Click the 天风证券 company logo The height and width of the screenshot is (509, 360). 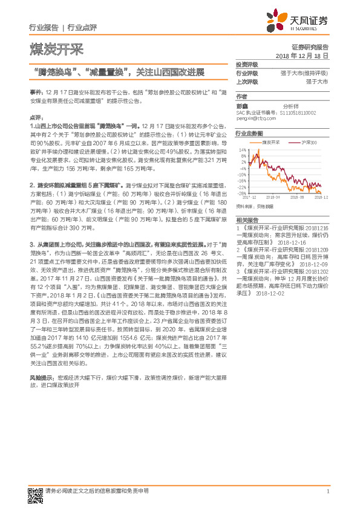[x=302, y=22]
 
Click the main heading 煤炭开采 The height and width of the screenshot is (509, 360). [x=56, y=49]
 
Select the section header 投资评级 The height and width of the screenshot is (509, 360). [x=246, y=65]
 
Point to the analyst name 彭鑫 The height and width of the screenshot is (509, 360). [x=242, y=105]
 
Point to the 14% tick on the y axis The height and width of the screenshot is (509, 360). [x=243, y=149]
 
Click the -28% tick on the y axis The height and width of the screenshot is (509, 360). [x=242, y=193]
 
